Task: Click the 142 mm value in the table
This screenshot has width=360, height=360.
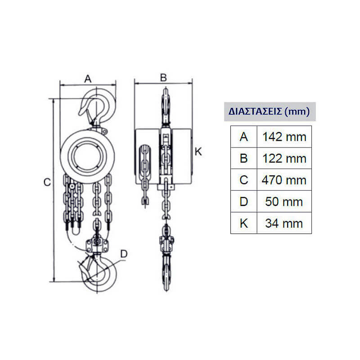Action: [x=284, y=137]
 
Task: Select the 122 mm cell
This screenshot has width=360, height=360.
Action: [x=284, y=159]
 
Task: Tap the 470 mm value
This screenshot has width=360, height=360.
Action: [x=284, y=180]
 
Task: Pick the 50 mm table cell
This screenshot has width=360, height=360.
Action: [x=284, y=202]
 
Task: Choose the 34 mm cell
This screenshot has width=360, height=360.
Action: [x=284, y=223]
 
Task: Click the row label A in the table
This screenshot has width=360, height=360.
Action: [x=243, y=137]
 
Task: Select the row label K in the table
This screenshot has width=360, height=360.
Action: [x=243, y=223]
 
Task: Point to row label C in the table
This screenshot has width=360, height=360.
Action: [x=243, y=180]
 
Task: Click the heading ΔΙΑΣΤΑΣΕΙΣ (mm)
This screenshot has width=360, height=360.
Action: [x=269, y=112]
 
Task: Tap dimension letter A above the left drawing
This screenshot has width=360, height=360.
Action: [x=88, y=79]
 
